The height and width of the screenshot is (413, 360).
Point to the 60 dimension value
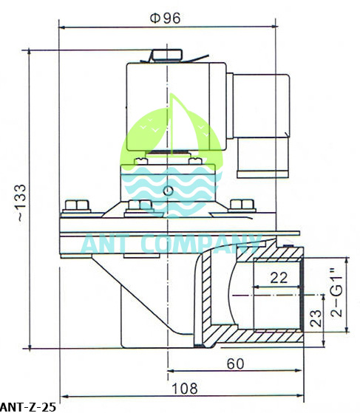pos(236,363)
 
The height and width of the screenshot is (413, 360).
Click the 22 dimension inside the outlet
pos(278,277)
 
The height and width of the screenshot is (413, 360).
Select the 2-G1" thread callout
pos(337,293)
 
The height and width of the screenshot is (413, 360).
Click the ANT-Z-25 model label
pos(27,406)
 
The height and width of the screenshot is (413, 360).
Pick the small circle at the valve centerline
pos(169,191)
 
